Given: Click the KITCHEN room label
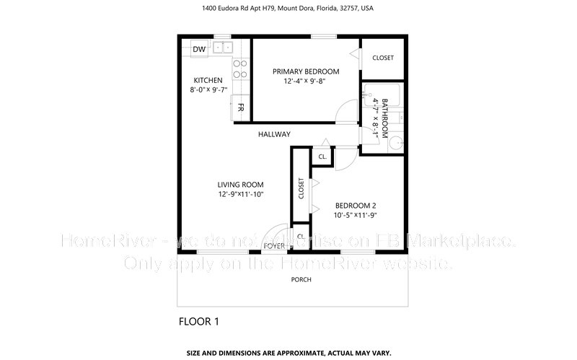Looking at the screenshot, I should point(208,80).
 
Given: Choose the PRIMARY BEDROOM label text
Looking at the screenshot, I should point(305,71).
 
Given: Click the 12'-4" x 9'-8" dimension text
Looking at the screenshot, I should point(305,82).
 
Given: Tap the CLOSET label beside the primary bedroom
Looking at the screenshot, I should point(382,58).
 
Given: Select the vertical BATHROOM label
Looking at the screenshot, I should point(384,118).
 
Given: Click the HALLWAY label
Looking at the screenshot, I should point(275,134).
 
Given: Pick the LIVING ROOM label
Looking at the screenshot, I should point(241,184).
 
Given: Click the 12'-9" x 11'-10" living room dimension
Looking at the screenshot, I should point(241,194).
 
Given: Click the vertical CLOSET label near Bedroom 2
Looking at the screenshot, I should point(301,188).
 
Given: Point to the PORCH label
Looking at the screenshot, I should point(301,279).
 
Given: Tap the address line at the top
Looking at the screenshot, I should point(288,9).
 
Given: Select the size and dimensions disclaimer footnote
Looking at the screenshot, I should point(288,353).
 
